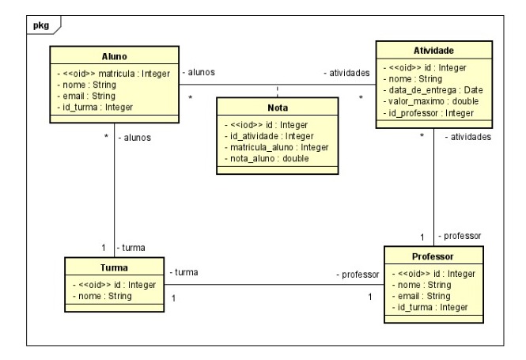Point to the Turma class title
click(114, 269)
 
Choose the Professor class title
click(433, 258)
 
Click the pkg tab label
click(39, 26)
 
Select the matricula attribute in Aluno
click(117, 74)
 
